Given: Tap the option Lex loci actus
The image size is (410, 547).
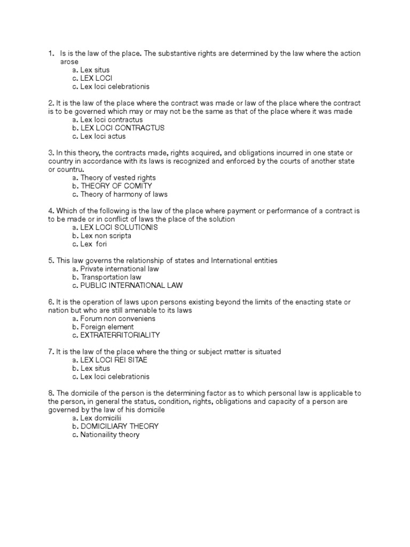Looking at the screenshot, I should (x=103, y=137).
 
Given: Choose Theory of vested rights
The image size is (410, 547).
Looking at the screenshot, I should (x=118, y=177).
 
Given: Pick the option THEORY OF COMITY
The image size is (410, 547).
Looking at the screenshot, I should (x=116, y=186).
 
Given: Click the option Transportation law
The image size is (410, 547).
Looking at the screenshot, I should (x=111, y=277).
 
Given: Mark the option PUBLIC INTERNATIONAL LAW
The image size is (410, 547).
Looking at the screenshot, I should (x=131, y=286).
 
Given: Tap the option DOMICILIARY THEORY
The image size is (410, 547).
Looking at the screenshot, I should (x=119, y=426).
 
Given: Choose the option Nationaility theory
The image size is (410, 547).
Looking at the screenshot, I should (x=109, y=435).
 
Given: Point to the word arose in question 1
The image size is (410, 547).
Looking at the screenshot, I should (x=70, y=61).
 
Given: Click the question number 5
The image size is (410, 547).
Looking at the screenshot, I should (x=50, y=261).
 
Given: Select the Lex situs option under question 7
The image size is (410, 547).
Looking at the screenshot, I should (x=95, y=369).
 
